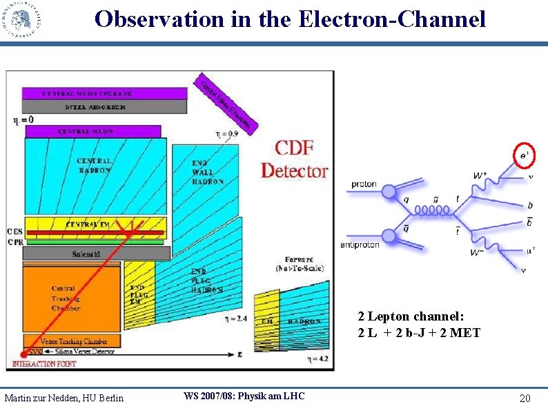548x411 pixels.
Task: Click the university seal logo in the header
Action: [21, 19]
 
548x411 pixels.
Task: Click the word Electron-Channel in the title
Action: [393, 19]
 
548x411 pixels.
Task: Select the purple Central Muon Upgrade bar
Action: [97, 93]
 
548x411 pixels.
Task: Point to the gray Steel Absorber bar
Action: [97, 107]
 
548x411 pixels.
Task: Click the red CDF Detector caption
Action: [294, 159]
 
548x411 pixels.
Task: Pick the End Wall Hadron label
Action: [207, 173]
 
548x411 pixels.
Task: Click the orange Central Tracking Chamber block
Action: [66, 298]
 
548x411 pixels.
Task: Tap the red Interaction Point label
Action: [43, 363]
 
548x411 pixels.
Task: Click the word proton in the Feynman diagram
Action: [363, 184]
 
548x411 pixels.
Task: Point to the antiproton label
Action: [360, 245]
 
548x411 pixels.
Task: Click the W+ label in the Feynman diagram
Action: [482, 176]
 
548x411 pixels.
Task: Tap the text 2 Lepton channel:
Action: [411, 316]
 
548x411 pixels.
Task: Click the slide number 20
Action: [525, 399]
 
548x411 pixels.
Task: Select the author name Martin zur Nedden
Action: [63, 397]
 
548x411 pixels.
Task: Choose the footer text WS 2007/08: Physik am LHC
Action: [244, 396]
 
